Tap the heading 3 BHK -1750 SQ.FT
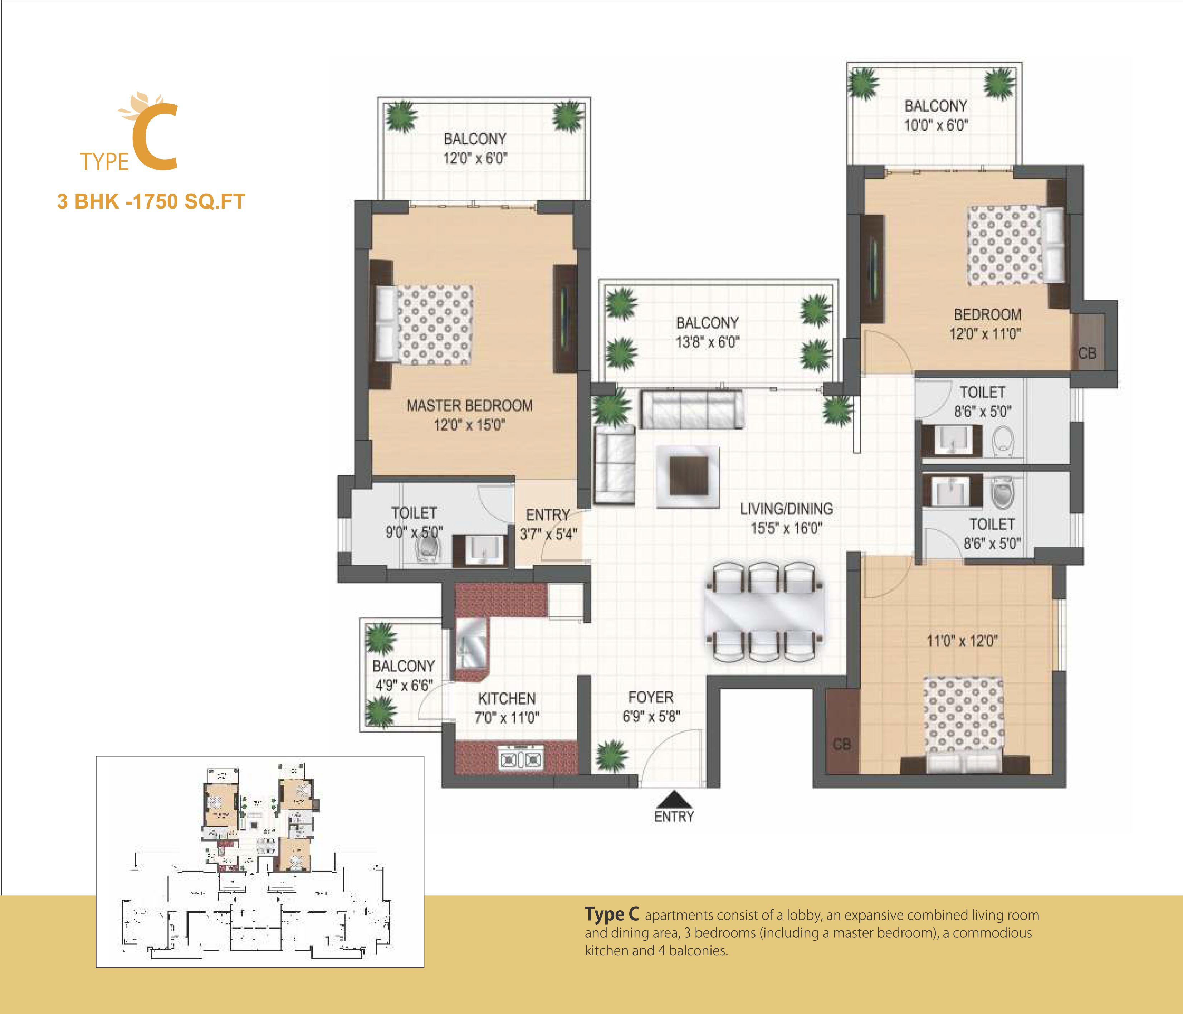pyautogui.click(x=151, y=201)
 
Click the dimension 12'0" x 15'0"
pyautogui.click(x=469, y=425)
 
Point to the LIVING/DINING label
pyautogui.click(x=786, y=509)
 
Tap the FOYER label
pyautogui.click(x=651, y=697)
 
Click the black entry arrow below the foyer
pyautogui.click(x=674, y=799)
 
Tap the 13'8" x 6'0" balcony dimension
pyautogui.click(x=707, y=342)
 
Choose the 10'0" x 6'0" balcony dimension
pyautogui.click(x=936, y=125)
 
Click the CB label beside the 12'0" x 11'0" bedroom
pyautogui.click(x=1087, y=353)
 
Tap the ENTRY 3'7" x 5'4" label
pyautogui.click(x=548, y=524)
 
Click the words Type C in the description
pyautogui.click(x=611, y=914)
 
